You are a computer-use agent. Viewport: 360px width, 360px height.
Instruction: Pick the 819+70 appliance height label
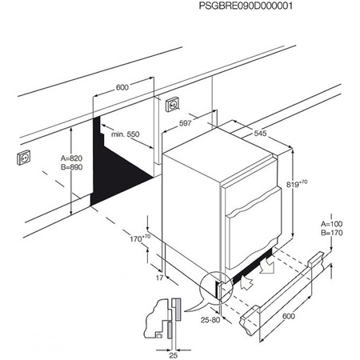click(298, 185)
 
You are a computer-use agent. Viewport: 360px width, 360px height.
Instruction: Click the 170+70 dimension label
click(140, 238)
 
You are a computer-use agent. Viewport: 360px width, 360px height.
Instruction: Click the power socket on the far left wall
click(22, 158)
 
